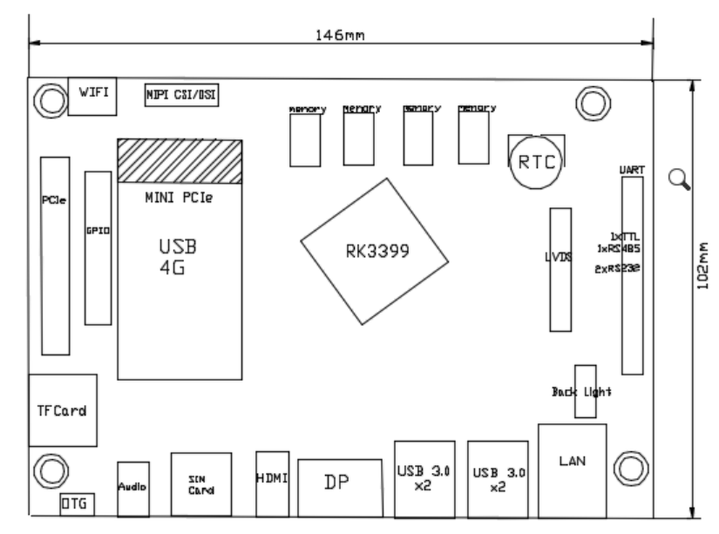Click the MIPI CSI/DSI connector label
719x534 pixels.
(181, 93)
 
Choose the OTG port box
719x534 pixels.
(77, 503)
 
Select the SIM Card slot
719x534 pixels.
(201, 485)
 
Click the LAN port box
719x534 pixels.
(572, 461)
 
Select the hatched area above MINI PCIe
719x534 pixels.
(180, 159)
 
